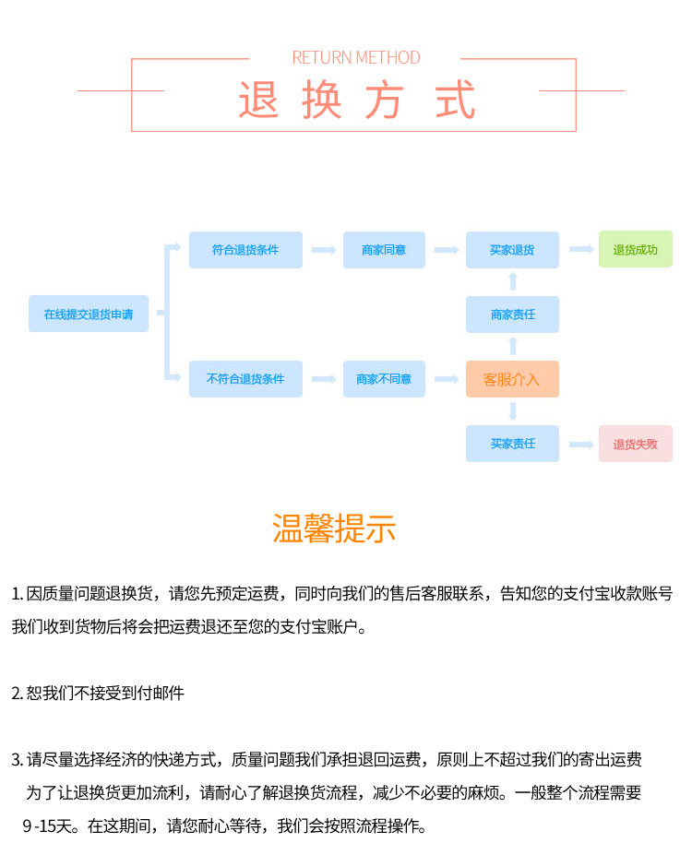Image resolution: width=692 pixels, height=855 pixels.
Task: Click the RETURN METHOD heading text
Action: coord(355,57)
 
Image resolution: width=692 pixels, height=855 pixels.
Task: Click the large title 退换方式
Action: coord(356,100)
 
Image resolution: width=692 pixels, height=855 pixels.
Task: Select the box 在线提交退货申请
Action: coord(89,314)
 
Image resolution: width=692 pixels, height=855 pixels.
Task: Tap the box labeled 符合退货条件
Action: coord(245,250)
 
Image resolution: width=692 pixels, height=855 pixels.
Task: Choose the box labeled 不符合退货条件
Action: coord(245,379)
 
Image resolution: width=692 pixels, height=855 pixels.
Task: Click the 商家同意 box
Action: coord(384,250)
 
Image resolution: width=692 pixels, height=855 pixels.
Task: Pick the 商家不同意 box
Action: coord(384,379)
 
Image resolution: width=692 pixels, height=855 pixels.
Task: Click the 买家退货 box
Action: coord(512,250)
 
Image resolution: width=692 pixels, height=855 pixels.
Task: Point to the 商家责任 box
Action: coord(512,315)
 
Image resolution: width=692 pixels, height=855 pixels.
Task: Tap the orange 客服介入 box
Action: coord(512,379)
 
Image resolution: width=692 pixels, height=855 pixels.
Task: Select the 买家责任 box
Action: coord(512,444)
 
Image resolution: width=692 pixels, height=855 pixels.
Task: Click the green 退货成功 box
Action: coord(636,250)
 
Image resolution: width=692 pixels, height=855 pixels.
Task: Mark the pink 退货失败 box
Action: coord(636,444)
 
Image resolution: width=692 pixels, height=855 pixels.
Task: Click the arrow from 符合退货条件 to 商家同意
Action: coord(323,250)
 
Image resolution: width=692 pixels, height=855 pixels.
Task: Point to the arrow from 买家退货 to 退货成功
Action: coord(580,249)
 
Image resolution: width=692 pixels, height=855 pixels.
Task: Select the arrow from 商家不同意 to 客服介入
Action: coord(447,379)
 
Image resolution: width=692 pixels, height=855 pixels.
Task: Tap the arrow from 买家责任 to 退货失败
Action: coord(580,444)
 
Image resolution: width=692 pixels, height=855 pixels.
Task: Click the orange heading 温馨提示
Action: coord(334,528)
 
